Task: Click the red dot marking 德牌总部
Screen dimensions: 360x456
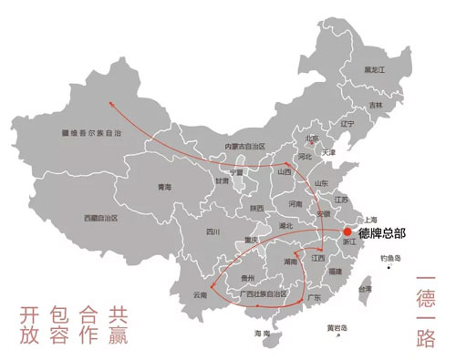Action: point(347,233)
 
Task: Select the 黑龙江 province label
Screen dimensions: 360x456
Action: point(374,69)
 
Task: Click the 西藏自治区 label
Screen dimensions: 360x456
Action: point(102,219)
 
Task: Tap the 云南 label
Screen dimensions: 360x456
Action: point(202,294)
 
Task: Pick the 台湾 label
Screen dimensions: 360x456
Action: point(364,289)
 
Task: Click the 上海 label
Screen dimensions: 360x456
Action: point(370,220)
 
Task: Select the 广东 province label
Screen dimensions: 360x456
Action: point(314,298)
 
